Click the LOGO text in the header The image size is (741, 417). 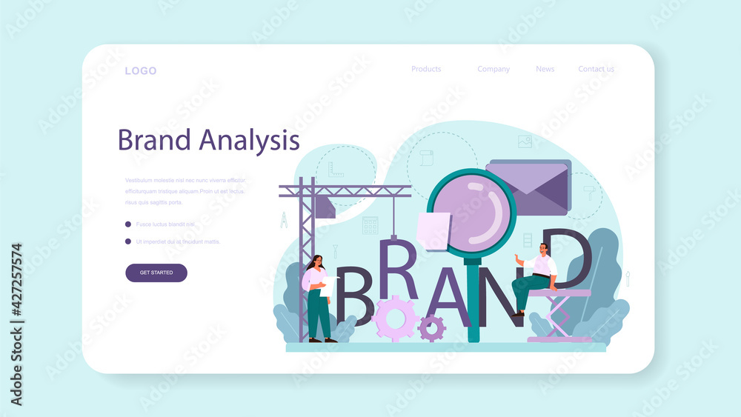[140, 71]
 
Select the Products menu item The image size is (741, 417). [426, 69]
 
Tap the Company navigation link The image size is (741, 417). [494, 69]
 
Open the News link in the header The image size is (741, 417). [545, 69]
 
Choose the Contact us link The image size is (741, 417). [596, 69]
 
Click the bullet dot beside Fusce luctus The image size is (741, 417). [128, 224]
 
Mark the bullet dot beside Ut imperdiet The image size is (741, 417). [128, 241]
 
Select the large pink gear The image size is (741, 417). [395, 318]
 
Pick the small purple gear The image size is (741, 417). [431, 327]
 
